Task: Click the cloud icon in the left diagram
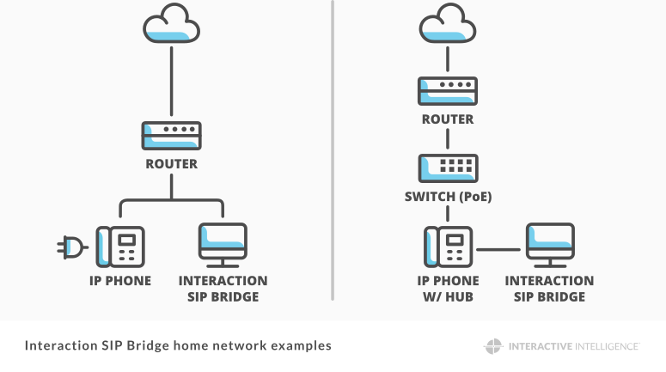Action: [x=171, y=25]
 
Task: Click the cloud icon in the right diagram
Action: [x=447, y=26]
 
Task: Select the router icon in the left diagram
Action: [x=171, y=136]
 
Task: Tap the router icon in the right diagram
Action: [x=447, y=90]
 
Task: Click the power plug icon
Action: [x=72, y=249]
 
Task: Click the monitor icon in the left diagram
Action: [x=223, y=243]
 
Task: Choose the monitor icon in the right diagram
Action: [x=550, y=243]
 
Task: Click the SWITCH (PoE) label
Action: [x=447, y=197]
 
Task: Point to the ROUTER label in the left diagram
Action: [x=172, y=164]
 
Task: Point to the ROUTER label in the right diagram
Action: [x=447, y=119]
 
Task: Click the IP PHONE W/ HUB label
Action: [x=447, y=289]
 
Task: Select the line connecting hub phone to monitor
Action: [x=498, y=249]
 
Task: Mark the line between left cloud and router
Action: [x=172, y=82]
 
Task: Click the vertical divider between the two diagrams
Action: [x=333, y=150]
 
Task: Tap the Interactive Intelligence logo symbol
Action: [x=492, y=346]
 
